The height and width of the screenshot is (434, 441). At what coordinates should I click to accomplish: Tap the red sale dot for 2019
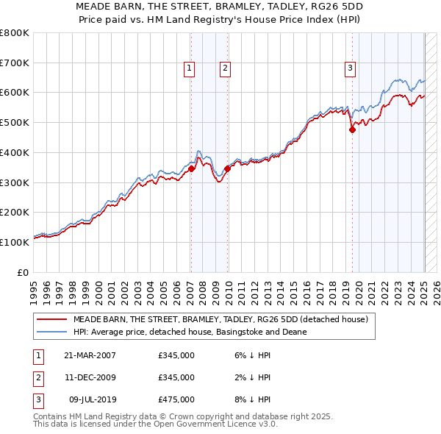(352, 129)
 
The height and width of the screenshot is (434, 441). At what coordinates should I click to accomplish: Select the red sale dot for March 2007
(191, 168)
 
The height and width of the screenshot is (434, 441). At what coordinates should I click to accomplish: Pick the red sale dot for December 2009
(227, 168)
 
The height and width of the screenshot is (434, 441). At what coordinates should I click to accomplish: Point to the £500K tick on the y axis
(15, 122)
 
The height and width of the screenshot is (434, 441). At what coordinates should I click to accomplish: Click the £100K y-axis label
(15, 242)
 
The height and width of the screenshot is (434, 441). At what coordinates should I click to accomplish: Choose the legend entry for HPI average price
(189, 332)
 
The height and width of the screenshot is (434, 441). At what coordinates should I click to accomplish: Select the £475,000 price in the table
(176, 400)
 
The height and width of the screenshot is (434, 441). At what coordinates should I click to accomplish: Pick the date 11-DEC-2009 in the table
(90, 378)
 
